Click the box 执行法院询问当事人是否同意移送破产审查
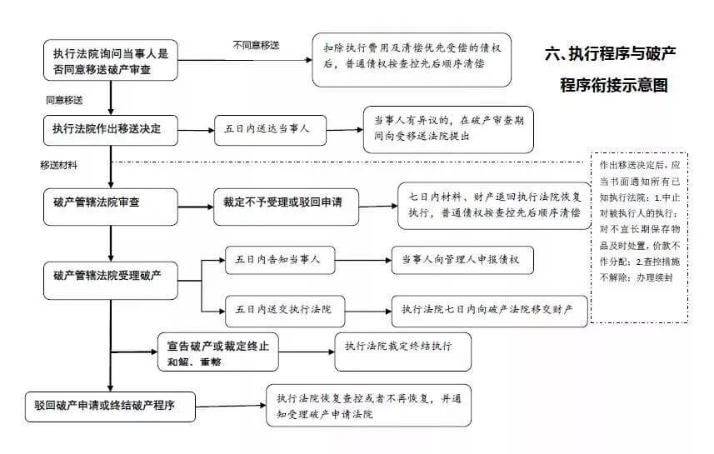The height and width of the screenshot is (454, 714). [111, 61]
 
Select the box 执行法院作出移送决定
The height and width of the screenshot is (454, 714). [111, 130]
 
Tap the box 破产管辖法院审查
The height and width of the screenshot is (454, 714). [111, 205]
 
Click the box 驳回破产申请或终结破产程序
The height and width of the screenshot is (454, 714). [111, 407]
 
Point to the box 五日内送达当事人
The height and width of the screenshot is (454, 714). [268, 130]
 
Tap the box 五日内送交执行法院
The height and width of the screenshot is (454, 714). [278, 310]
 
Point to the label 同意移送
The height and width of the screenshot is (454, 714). [64, 100]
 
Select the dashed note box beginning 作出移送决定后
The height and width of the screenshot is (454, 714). [639, 237]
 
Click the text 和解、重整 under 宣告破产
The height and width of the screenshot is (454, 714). [193, 362]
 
